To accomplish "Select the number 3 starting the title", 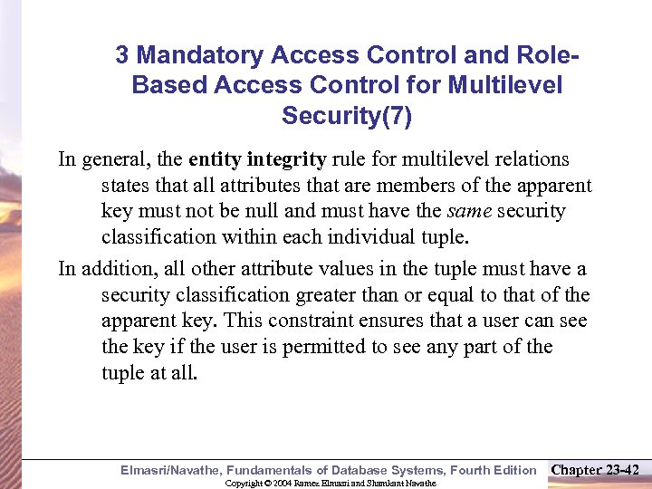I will pyautogui.click(x=122, y=55).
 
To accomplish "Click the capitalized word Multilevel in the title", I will pyautogui.click(x=511, y=85).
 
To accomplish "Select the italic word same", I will pyautogui.click(x=468, y=212).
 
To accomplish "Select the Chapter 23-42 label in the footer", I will pyautogui.click(x=595, y=470).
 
